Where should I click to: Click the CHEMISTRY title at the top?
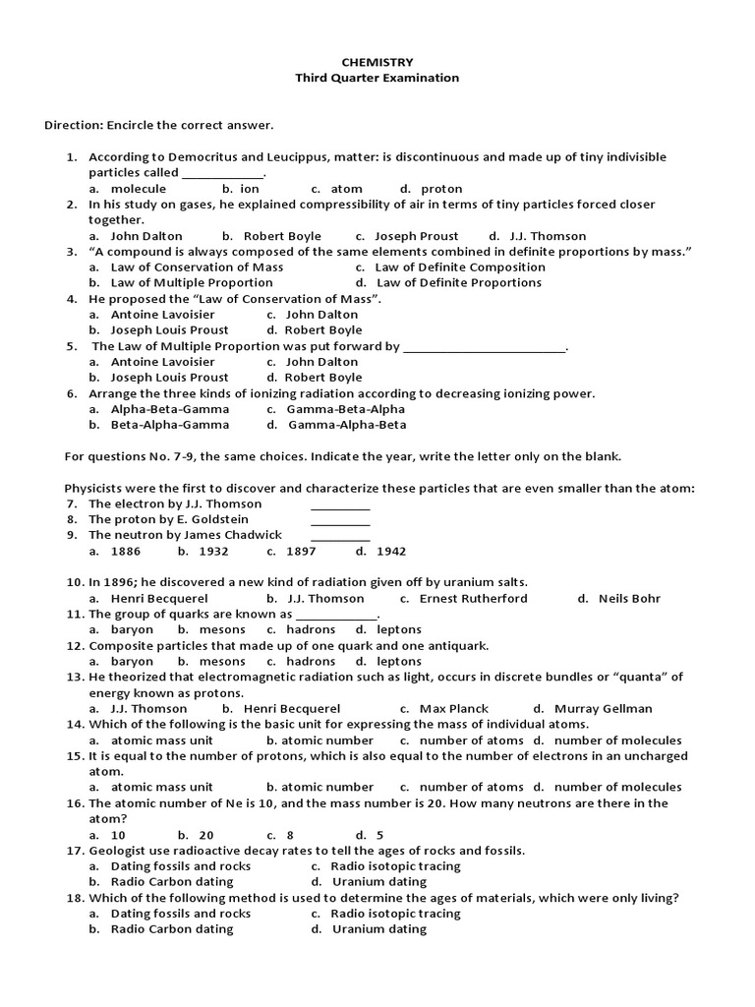377,62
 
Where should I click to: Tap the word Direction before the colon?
73,125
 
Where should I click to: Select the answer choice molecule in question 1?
139,188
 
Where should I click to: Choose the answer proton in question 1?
441,188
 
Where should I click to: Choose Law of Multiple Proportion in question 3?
192,282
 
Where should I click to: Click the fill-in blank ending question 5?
485,346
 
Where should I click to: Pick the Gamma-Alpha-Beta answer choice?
346,425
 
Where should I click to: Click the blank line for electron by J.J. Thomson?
340,504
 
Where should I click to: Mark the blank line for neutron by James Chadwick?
340,536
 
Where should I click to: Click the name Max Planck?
453,708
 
